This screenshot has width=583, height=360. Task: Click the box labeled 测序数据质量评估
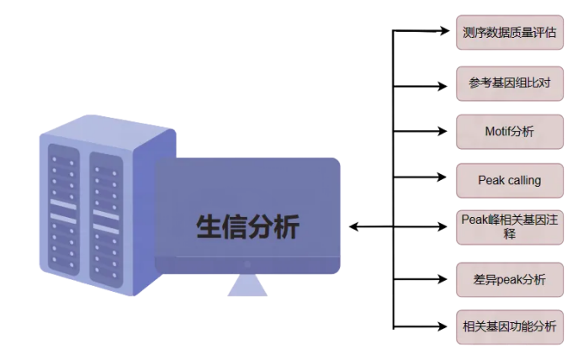coord(509,33)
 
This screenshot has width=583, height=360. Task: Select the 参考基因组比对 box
coord(509,82)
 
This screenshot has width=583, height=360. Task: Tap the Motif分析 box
coord(509,131)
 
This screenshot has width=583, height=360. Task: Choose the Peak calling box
coord(509,180)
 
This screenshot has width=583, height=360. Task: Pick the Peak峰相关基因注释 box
coord(509,226)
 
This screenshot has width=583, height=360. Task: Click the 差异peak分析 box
coord(509,278)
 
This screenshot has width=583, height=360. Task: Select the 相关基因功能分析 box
coord(509,326)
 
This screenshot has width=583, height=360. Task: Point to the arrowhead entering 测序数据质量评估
coord(447,32)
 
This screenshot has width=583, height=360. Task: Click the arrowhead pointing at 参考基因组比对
coord(447,85)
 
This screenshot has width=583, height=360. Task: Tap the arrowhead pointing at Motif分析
coord(447,131)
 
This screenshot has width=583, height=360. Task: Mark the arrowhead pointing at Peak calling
coord(447,177)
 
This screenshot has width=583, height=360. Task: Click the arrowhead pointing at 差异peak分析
coord(447,278)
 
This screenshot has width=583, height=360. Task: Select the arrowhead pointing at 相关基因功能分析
coord(447,326)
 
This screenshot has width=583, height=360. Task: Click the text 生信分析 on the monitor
coord(247,226)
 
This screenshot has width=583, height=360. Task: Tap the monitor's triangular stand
coord(247,286)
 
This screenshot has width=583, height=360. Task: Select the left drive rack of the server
coord(62,210)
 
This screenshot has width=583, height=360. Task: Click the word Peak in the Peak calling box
coord(490,180)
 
